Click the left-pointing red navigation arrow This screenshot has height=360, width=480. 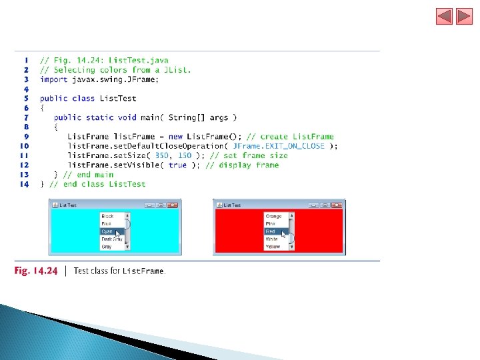point(444,16)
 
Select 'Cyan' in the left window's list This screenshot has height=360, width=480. point(107,231)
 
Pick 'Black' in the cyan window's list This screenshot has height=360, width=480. point(107,216)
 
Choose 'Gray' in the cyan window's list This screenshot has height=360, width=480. point(107,247)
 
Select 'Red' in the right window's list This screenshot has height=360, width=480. point(271,231)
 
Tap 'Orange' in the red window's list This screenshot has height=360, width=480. point(273,216)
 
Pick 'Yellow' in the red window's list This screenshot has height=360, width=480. point(273,247)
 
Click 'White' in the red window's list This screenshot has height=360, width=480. point(272,239)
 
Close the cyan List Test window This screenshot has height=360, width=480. point(173,205)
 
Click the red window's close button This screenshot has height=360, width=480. point(337,205)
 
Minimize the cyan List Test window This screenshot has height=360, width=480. point(150,205)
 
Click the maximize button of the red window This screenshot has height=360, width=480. point(325,205)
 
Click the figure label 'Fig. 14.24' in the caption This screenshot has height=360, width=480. point(36,271)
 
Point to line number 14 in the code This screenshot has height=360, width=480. point(25,184)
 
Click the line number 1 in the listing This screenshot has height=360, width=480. point(26,60)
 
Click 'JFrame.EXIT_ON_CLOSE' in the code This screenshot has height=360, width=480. point(279,146)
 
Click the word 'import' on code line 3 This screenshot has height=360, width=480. point(53,79)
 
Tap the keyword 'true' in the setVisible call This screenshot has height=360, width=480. point(177,165)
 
